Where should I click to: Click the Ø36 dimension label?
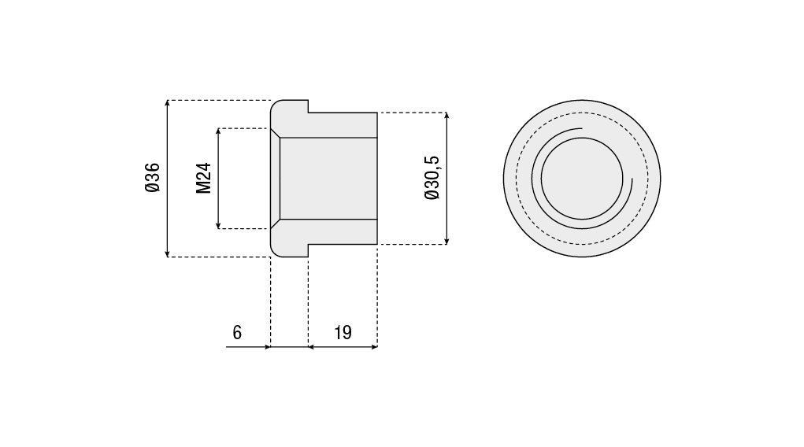click(153, 177)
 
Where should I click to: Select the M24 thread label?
click(204, 179)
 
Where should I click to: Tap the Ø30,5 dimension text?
click(432, 177)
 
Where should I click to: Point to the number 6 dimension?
click(237, 333)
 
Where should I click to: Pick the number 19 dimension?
click(343, 333)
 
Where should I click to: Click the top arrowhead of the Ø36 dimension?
click(167, 103)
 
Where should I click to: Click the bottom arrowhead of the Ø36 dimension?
click(167, 253)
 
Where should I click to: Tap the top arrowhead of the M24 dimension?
click(218, 131)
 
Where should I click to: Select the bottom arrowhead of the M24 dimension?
click(218, 226)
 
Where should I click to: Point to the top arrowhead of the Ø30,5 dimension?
click(447, 116)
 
